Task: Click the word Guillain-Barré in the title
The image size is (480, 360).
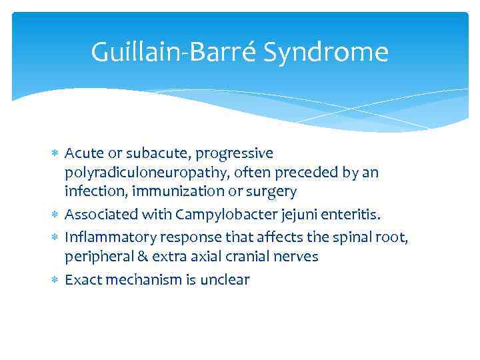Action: pyautogui.click(x=174, y=52)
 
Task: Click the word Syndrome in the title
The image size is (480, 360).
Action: pyautogui.click(x=326, y=52)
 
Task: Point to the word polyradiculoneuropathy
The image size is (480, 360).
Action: pyautogui.click(x=139, y=173)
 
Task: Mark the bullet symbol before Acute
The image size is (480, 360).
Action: pyautogui.click(x=55, y=154)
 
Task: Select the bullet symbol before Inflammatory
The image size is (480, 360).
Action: pyautogui.click(x=55, y=237)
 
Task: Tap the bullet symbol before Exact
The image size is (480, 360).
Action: pyautogui.click(x=55, y=280)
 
